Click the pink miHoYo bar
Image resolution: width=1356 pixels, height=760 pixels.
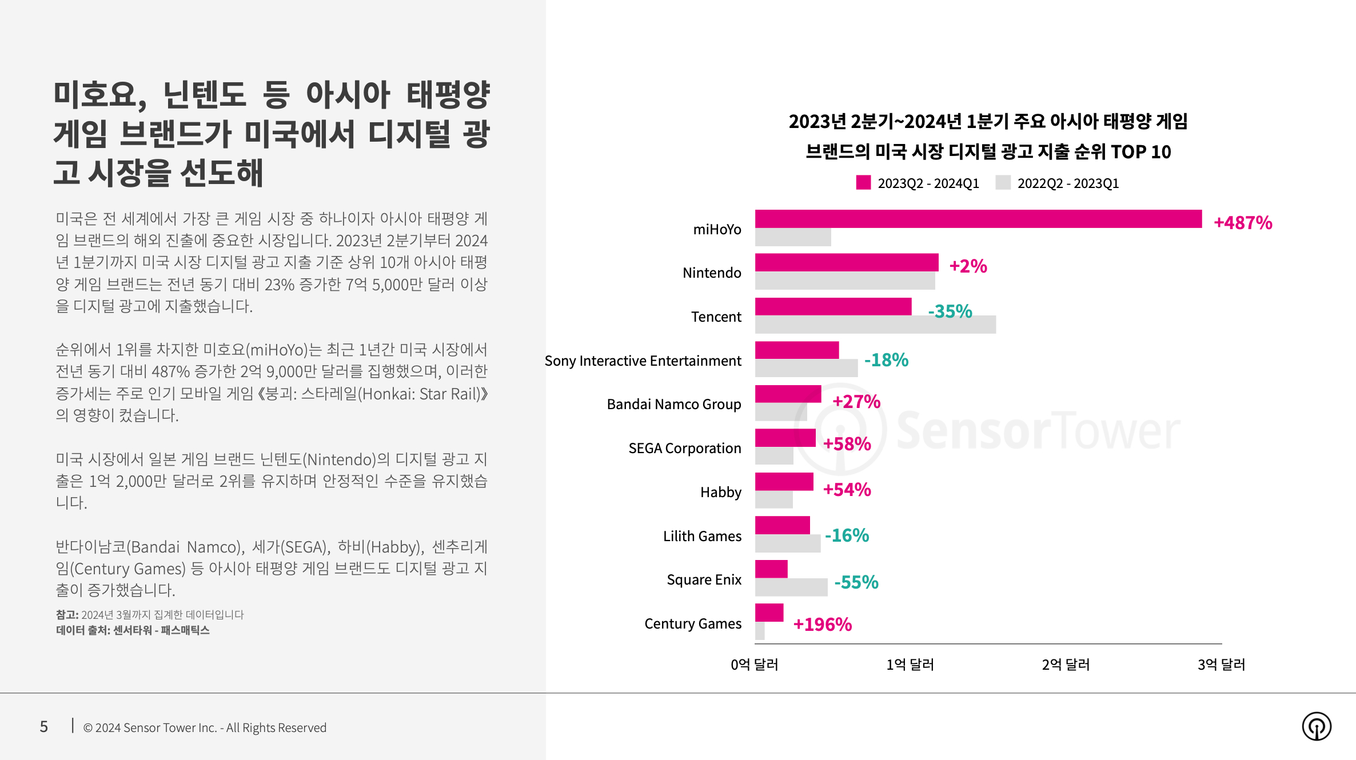978,219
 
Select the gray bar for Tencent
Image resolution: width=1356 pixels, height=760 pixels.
875,325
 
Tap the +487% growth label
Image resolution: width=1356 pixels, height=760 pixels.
1242,222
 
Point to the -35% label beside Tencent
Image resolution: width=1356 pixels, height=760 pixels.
950,311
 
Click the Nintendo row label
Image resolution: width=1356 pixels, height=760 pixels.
711,273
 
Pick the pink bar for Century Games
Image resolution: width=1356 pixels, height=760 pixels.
769,613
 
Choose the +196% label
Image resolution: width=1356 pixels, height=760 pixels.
822,624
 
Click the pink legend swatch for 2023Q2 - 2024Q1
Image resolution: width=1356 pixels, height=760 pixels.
863,183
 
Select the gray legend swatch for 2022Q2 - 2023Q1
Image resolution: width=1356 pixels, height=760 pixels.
1003,183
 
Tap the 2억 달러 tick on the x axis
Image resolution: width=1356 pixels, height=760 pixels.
1066,665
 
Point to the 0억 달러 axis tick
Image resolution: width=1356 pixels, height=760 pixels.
754,665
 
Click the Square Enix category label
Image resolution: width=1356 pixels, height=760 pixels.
704,579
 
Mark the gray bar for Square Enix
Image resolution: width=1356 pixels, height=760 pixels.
791,587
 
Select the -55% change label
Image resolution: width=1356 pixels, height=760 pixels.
856,582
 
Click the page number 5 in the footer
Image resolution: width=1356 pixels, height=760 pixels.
43,726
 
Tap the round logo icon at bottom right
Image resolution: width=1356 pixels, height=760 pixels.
1316,726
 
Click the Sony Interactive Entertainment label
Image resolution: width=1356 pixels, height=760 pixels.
643,361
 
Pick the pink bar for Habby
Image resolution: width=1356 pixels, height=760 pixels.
784,481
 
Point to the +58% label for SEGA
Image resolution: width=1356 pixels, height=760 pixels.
847,444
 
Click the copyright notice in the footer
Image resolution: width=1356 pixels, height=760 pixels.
205,727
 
